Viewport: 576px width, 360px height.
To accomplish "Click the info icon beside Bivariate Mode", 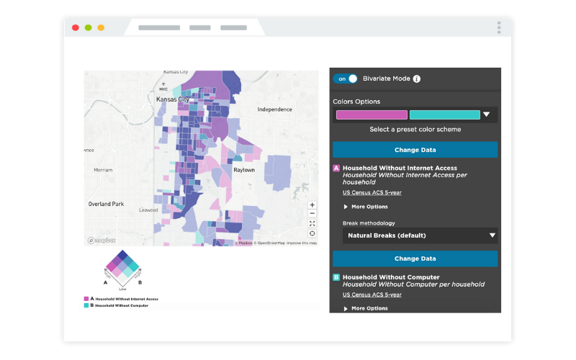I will click(x=416, y=78).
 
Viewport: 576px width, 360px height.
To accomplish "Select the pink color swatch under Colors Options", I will click(x=372, y=114).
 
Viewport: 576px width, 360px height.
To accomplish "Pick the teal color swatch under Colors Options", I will click(x=444, y=114).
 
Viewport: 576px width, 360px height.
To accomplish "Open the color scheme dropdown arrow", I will click(x=487, y=114).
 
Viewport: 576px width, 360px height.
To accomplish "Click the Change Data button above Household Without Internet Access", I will click(x=415, y=150).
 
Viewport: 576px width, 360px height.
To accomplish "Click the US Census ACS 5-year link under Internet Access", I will click(x=372, y=192).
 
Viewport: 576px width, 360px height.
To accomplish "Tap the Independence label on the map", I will click(x=275, y=109).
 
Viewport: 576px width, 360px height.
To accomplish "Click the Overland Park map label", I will click(x=106, y=204).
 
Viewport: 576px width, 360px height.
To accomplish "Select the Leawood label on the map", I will click(x=148, y=210).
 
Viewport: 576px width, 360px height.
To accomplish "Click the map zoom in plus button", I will click(x=312, y=204).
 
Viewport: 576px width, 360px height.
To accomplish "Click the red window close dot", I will click(x=75, y=27).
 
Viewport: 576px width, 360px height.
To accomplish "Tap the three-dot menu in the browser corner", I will click(x=498, y=27).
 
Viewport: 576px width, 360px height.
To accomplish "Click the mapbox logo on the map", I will click(x=101, y=240).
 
